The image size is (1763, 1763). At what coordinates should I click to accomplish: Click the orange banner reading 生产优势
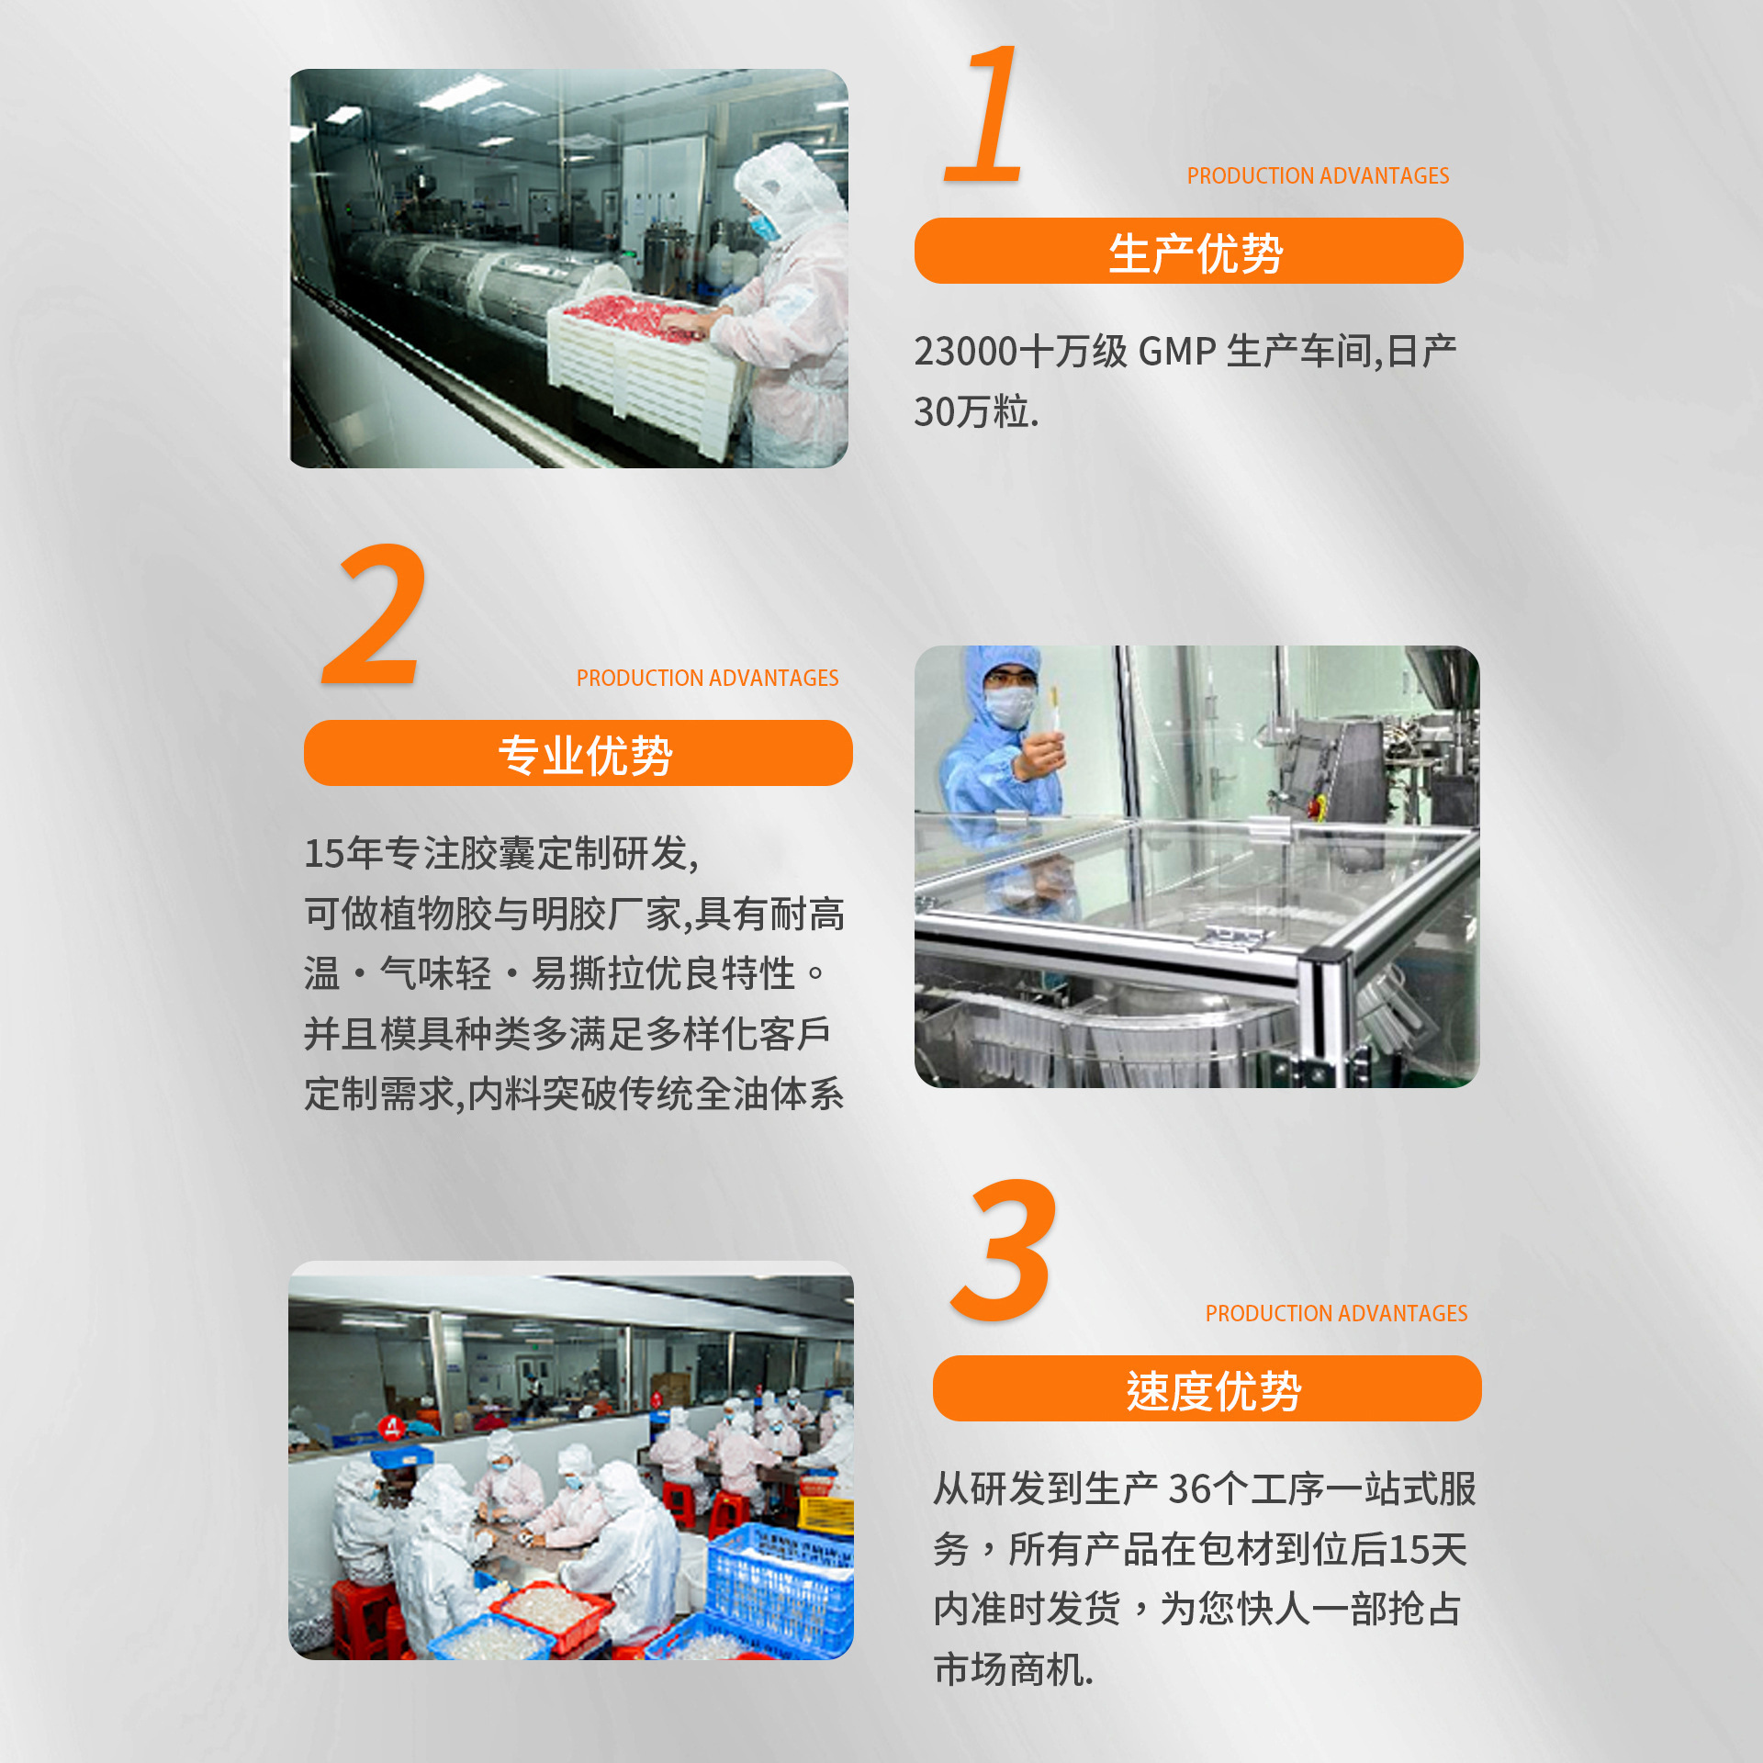pos(1188,252)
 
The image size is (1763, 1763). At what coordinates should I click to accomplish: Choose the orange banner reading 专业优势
pos(578,754)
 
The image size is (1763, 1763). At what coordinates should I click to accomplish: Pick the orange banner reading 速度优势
pos(1207,1389)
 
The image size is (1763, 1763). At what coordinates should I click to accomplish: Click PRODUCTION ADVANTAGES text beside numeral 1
pos(1318,175)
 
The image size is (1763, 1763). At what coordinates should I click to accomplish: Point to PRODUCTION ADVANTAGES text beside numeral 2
pos(707,678)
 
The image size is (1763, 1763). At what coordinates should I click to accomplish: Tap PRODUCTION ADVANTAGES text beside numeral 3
pos(1336,1313)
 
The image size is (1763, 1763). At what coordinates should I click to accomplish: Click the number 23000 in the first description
pos(966,352)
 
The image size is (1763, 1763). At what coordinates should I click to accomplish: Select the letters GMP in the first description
pos(1177,352)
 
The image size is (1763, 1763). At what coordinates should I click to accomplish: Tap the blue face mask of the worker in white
pos(764,226)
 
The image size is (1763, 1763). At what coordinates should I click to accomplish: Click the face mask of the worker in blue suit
pos(1010,707)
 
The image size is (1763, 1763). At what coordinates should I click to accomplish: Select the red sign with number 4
pos(393,1427)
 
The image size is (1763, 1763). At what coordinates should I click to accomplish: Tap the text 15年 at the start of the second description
pos(342,853)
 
